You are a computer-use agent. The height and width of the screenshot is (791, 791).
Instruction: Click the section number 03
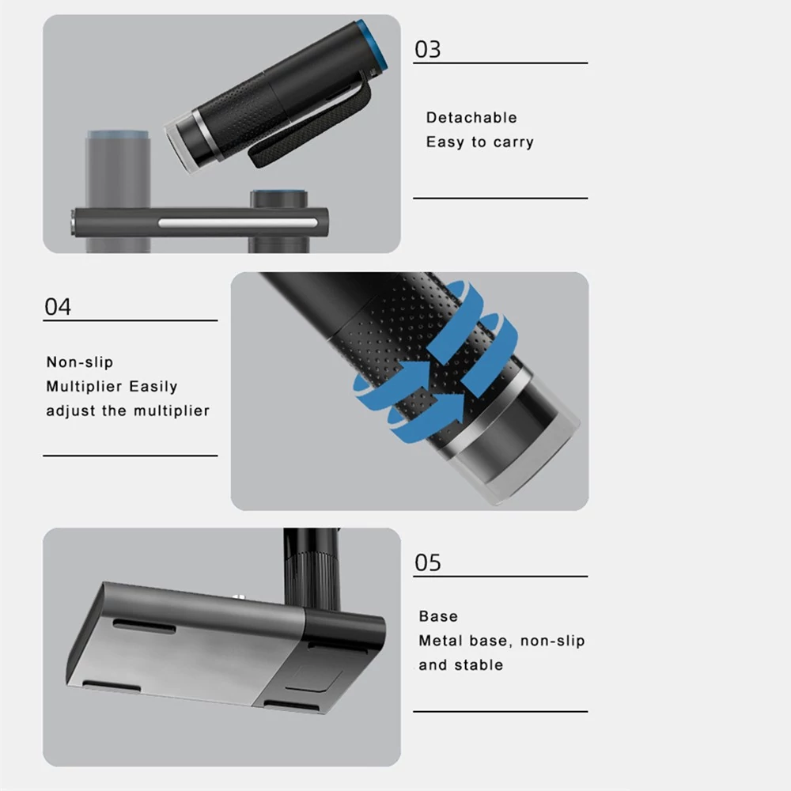(x=427, y=49)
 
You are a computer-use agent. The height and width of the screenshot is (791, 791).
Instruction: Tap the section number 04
(x=58, y=307)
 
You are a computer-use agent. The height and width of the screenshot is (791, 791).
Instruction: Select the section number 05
(x=427, y=562)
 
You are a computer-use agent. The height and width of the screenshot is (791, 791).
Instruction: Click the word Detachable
(x=471, y=118)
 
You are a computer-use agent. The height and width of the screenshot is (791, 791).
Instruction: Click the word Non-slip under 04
(x=80, y=361)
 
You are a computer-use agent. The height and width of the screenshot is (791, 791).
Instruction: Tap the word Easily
(x=153, y=387)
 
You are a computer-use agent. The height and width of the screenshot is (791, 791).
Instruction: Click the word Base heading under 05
(x=438, y=616)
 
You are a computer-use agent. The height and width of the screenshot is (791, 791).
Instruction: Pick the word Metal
(x=441, y=641)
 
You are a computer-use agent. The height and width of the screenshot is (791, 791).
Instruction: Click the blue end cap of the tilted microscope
(x=376, y=45)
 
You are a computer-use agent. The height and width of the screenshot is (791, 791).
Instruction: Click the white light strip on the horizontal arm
(x=238, y=222)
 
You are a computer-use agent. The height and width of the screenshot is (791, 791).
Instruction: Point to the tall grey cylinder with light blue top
(x=118, y=191)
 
